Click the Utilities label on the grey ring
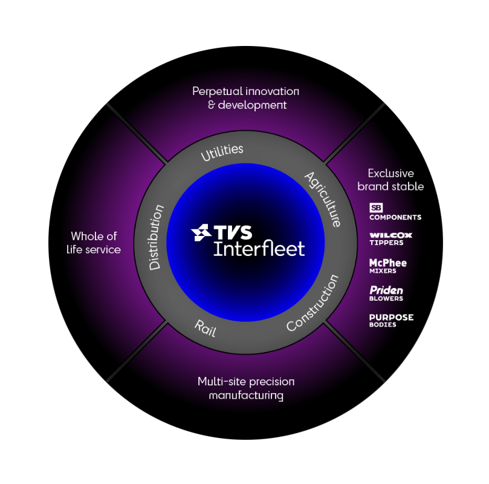point(222,152)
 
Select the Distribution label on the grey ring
point(155,237)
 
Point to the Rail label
point(205,328)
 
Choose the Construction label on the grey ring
point(313,302)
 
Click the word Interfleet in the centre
point(259,249)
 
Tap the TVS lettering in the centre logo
point(233,232)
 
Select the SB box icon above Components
point(376,208)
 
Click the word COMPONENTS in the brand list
point(395,217)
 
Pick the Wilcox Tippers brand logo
point(390,239)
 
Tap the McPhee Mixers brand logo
point(388,266)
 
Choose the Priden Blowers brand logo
point(386,293)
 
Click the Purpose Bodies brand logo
point(392,321)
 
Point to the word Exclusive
point(390,173)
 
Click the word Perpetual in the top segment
point(218,92)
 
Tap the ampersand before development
point(212,105)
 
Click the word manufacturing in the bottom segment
point(246,396)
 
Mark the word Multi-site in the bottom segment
point(222,382)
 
